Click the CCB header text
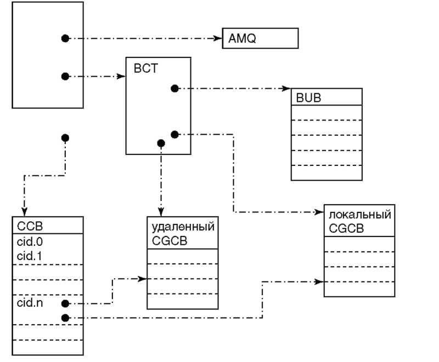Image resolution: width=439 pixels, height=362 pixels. (x=26, y=226)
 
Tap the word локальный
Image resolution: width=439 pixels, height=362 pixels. (x=359, y=215)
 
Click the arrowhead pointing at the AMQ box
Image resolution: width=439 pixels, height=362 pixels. (x=218, y=38)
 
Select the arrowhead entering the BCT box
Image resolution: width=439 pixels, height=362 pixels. (x=122, y=76)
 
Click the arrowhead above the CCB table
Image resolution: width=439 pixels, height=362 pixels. (x=24, y=212)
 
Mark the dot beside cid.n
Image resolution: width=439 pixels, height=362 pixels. (x=65, y=303)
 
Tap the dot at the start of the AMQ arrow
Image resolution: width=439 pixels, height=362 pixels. (x=65, y=38)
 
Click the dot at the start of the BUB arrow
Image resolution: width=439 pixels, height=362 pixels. (x=174, y=88)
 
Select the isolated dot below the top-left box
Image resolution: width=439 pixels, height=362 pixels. (x=65, y=137)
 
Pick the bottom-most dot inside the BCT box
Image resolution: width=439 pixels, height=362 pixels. (x=161, y=143)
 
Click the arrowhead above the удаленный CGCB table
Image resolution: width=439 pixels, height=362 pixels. (x=161, y=212)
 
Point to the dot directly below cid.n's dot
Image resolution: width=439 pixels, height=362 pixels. (x=65, y=317)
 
